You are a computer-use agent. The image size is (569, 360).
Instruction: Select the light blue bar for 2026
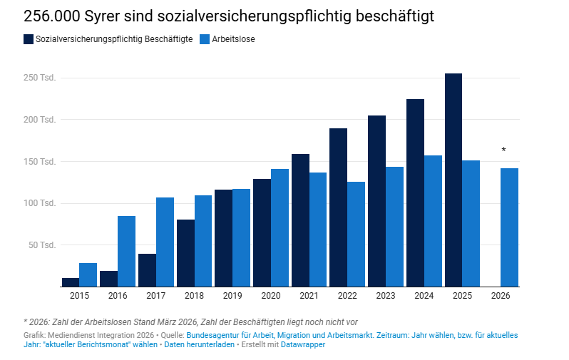point(509,227)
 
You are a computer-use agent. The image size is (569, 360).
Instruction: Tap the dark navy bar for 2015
point(71,282)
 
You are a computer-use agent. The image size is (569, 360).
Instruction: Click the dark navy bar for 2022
point(338,207)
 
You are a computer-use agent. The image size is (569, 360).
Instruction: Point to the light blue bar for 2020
point(280,227)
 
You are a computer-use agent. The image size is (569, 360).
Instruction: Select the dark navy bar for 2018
point(185,253)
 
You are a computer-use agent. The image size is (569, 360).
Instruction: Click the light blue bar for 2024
point(433,221)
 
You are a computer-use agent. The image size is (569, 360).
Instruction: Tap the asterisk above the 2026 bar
point(503,150)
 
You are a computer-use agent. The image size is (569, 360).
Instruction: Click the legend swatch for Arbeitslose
point(205,39)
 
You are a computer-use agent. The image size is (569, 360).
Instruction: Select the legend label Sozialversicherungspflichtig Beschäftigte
point(113,39)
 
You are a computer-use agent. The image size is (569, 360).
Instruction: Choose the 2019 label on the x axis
point(232,294)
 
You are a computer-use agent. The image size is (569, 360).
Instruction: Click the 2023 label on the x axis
point(386,294)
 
